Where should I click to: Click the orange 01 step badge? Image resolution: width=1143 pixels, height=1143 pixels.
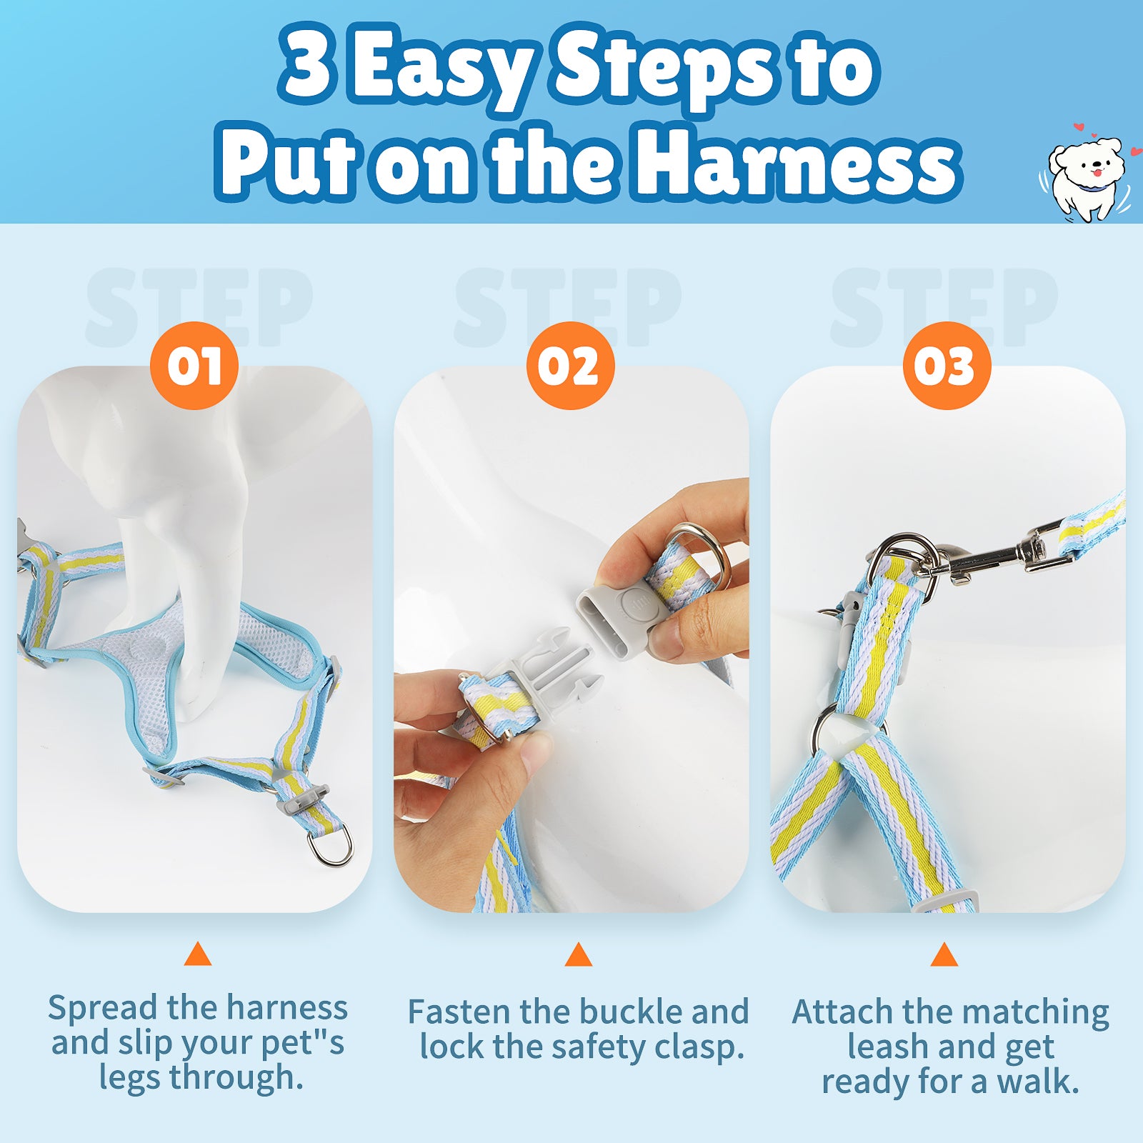[194, 366]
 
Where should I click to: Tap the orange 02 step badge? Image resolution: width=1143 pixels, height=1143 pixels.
[570, 366]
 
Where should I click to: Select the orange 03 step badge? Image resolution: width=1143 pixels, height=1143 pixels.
[947, 366]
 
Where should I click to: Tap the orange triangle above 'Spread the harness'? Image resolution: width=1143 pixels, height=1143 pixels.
[198, 954]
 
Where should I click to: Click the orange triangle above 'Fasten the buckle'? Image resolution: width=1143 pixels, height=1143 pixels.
[579, 954]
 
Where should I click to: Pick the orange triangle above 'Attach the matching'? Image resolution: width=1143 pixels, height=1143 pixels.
[944, 954]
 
